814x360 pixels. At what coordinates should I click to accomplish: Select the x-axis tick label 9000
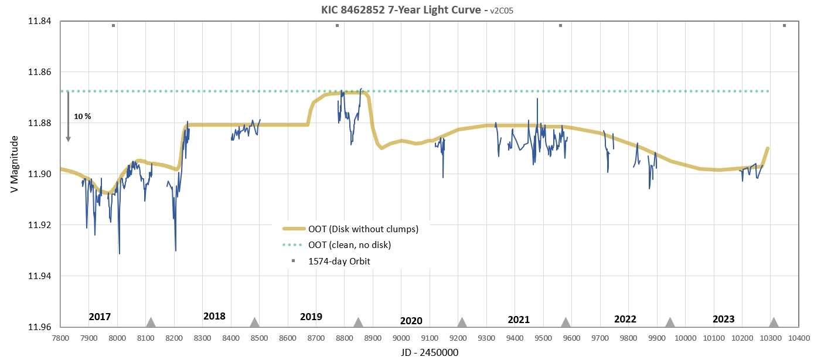click(401, 338)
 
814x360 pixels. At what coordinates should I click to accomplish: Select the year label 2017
click(100, 317)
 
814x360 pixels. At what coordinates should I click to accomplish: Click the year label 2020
click(411, 321)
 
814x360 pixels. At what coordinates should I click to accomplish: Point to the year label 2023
click(723, 320)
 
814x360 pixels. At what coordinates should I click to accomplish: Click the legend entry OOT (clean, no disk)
click(349, 245)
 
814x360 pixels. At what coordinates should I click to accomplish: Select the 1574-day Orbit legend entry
click(339, 261)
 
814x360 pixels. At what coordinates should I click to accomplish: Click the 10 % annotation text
click(83, 117)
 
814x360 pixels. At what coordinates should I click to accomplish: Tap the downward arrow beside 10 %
click(68, 117)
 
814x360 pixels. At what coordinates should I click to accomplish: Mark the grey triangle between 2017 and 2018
click(151, 322)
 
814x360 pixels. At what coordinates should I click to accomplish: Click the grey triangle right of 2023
click(774, 322)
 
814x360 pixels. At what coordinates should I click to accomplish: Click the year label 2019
click(311, 317)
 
